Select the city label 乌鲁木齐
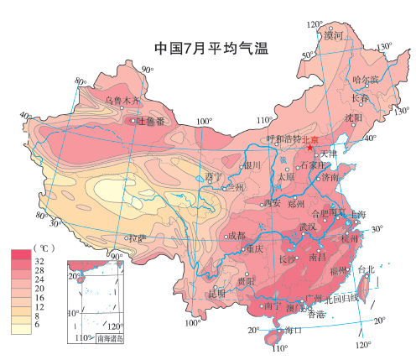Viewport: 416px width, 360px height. (x=122, y=100)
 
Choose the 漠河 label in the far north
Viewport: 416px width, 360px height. (x=335, y=35)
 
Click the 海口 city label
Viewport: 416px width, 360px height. (x=293, y=330)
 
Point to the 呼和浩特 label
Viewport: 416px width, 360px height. (x=283, y=139)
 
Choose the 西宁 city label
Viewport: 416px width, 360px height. (x=213, y=177)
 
